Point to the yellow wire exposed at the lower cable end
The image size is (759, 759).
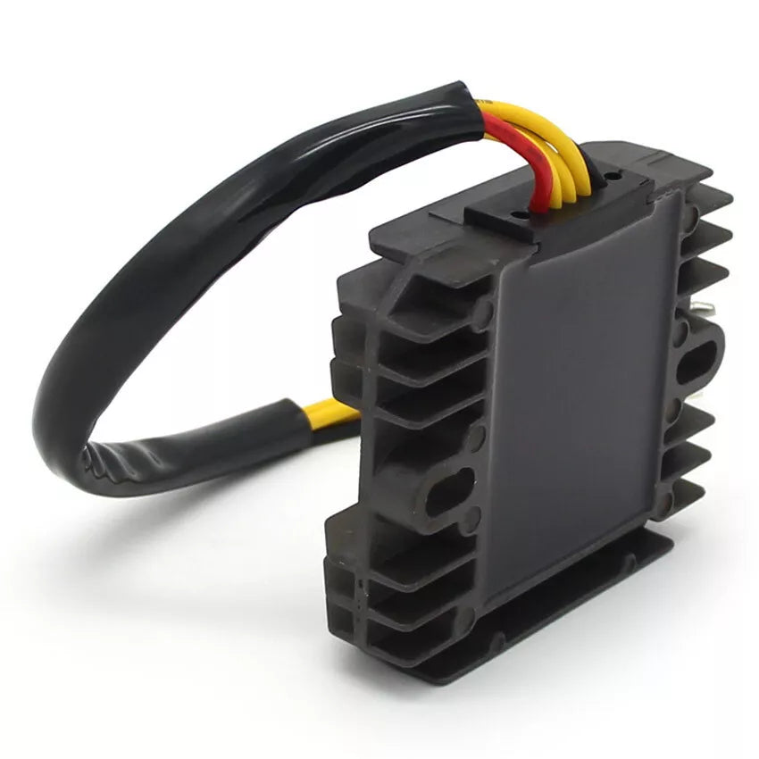coord(331,413)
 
